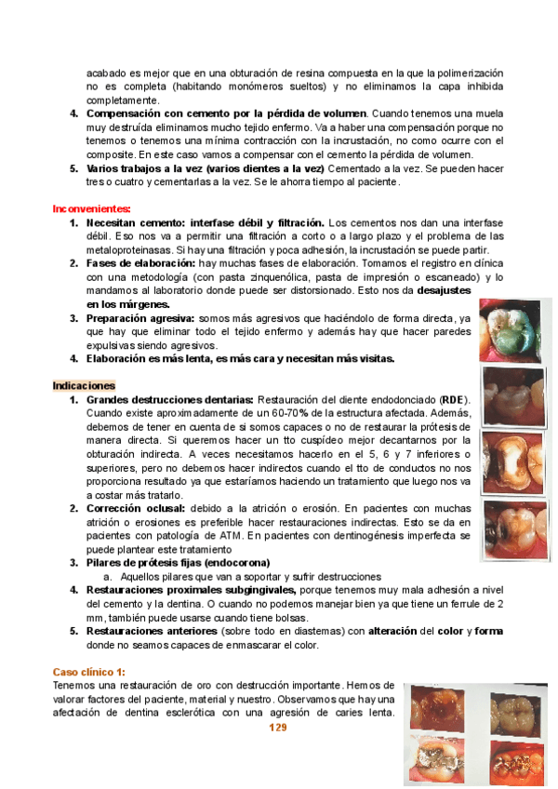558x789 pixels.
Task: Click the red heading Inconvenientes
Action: point(91,209)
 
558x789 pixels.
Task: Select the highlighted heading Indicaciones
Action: point(84,385)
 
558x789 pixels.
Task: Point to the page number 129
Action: point(277,728)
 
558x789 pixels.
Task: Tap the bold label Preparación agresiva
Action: point(141,317)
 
